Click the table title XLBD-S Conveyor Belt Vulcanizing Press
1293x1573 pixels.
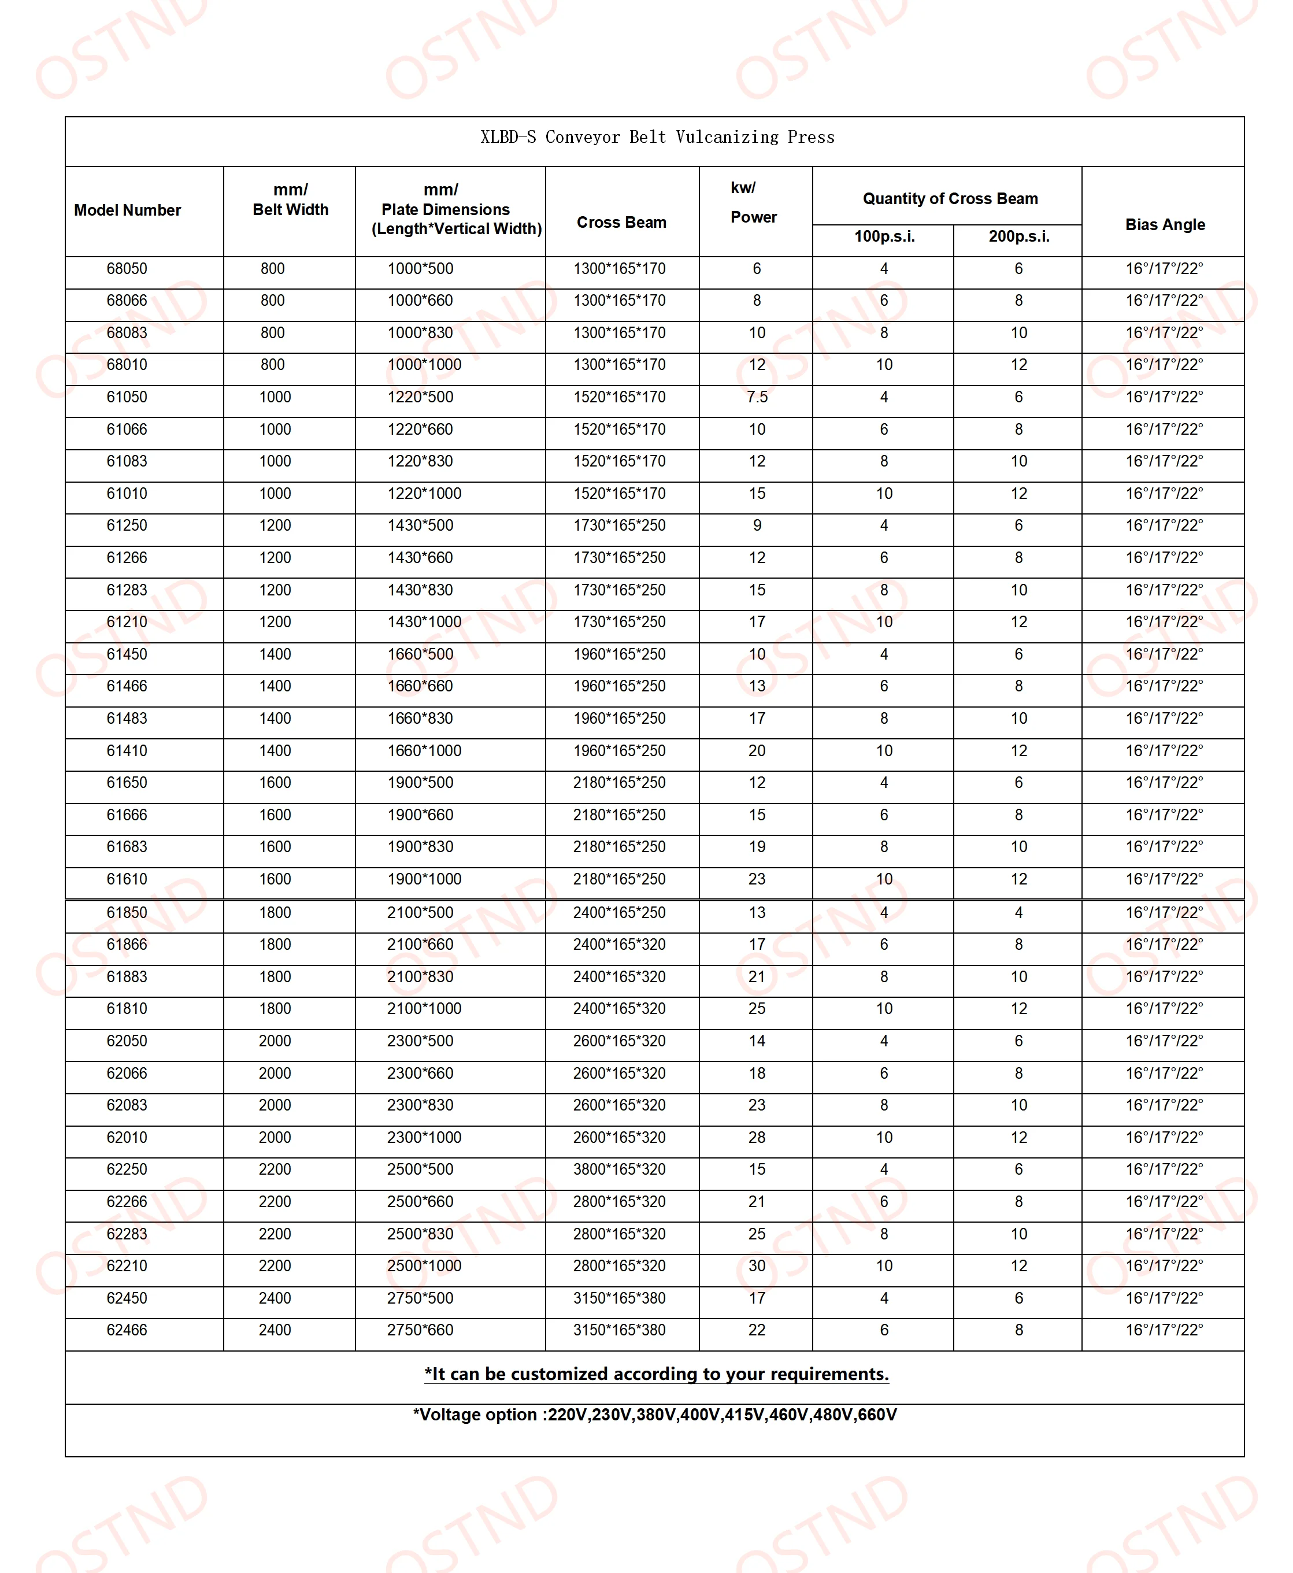pyautogui.click(x=657, y=137)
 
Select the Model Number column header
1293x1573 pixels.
pyautogui.click(x=127, y=210)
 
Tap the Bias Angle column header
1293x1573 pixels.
pyautogui.click(x=1164, y=224)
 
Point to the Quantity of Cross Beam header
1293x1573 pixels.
pyautogui.click(x=950, y=198)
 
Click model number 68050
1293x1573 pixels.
pyautogui.click(x=127, y=269)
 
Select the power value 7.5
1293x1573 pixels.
pyautogui.click(x=757, y=397)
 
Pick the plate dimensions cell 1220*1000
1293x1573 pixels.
pyautogui.click(x=424, y=493)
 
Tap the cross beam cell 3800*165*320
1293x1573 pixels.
pyautogui.click(x=619, y=1169)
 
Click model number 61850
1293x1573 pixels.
pyautogui.click(x=127, y=912)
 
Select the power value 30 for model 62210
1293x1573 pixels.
pyautogui.click(x=757, y=1265)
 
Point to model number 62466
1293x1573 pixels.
pyautogui.click(x=127, y=1330)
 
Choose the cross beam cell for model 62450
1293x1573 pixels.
pyautogui.click(x=619, y=1298)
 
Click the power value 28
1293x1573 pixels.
pyautogui.click(x=757, y=1137)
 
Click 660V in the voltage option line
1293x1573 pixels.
pyautogui.click(x=877, y=1415)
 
